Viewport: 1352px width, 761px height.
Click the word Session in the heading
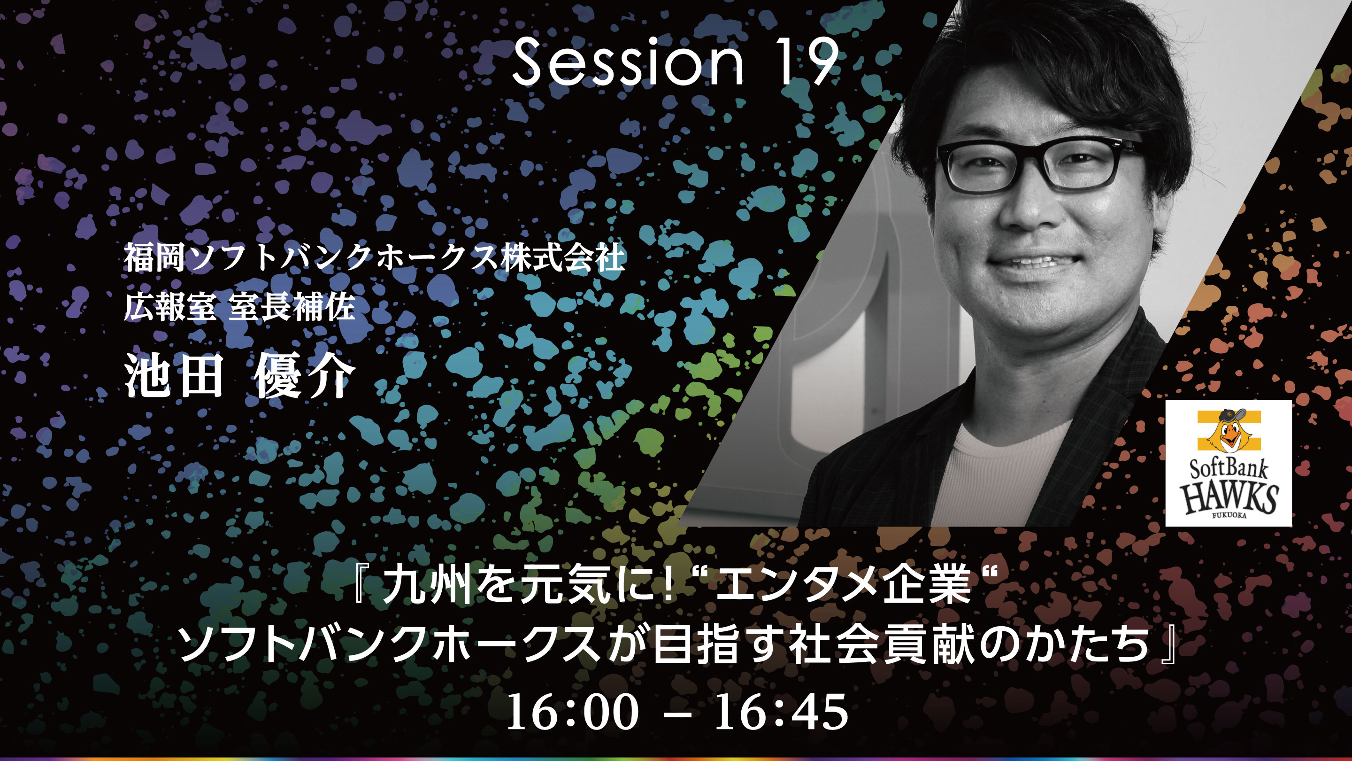pyautogui.click(x=628, y=62)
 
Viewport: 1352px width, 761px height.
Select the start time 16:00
pyautogui.click(x=572, y=712)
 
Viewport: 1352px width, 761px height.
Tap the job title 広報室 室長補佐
pyautogui.click(x=239, y=306)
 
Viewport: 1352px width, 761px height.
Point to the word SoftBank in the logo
pyautogui.click(x=1228, y=467)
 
